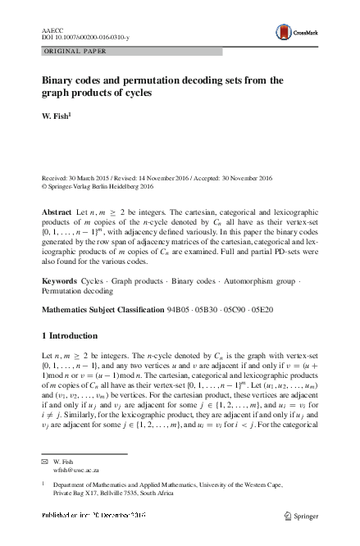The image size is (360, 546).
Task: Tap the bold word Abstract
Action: [x=57, y=212]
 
